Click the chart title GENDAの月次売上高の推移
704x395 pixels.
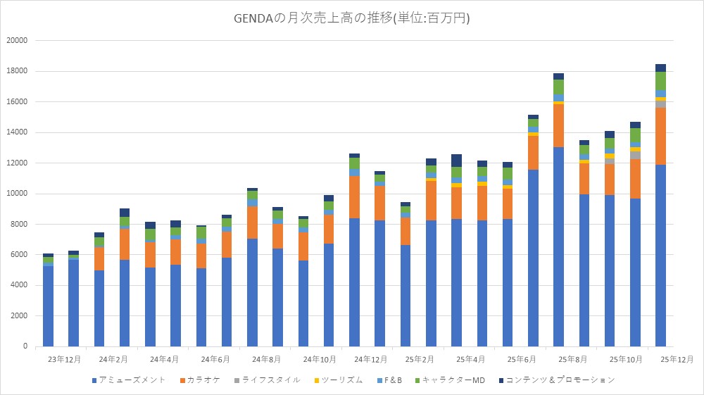pos(351,18)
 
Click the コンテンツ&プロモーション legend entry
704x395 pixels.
pos(556,380)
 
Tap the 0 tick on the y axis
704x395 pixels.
pos(24,346)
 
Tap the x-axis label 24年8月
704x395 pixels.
pos(265,359)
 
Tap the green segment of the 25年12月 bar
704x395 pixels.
pos(660,81)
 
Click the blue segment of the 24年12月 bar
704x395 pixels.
pos(354,282)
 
